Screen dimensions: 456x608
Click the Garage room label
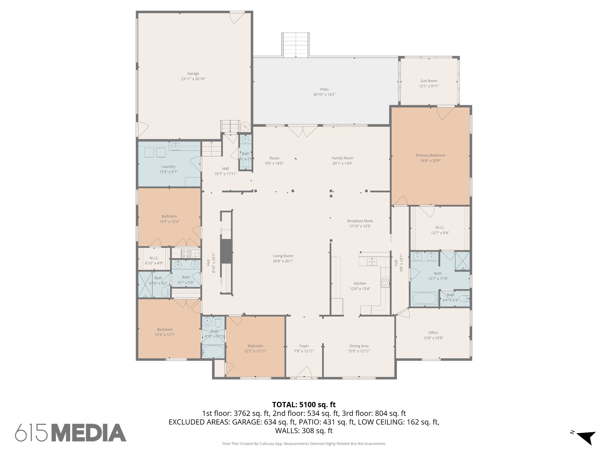click(193, 74)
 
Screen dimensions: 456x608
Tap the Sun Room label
click(429, 81)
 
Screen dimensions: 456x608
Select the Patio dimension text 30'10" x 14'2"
click(324, 95)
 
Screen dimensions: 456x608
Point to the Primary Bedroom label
click(430, 155)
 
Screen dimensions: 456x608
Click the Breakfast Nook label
click(360, 221)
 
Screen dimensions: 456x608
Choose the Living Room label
click(283, 256)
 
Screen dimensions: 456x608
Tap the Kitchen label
click(360, 284)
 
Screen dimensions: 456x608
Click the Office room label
click(433, 333)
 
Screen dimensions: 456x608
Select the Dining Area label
click(359, 346)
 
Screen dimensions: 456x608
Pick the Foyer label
click(304, 346)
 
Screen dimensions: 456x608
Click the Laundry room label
click(168, 167)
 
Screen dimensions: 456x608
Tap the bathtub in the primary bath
click(425, 298)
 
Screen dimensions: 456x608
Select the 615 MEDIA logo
click(71, 433)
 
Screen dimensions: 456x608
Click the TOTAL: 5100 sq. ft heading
click(304, 405)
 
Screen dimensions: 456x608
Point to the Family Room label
click(342, 158)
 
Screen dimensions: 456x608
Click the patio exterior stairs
click(295, 45)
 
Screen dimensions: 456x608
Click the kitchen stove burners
click(385, 283)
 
